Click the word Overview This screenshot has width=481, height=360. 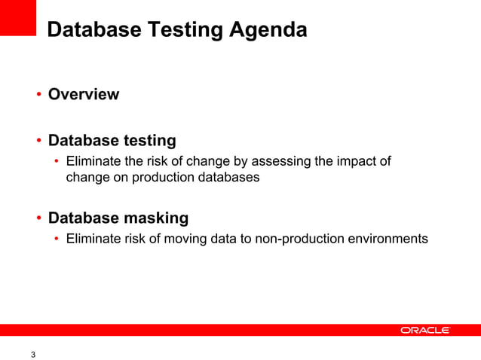[x=84, y=95]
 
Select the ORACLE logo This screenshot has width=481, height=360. [x=425, y=330]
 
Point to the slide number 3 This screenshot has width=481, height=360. [x=32, y=355]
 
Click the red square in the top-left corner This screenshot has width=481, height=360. [x=18, y=17]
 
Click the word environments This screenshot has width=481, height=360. [x=391, y=239]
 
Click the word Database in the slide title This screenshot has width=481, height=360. [x=90, y=31]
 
